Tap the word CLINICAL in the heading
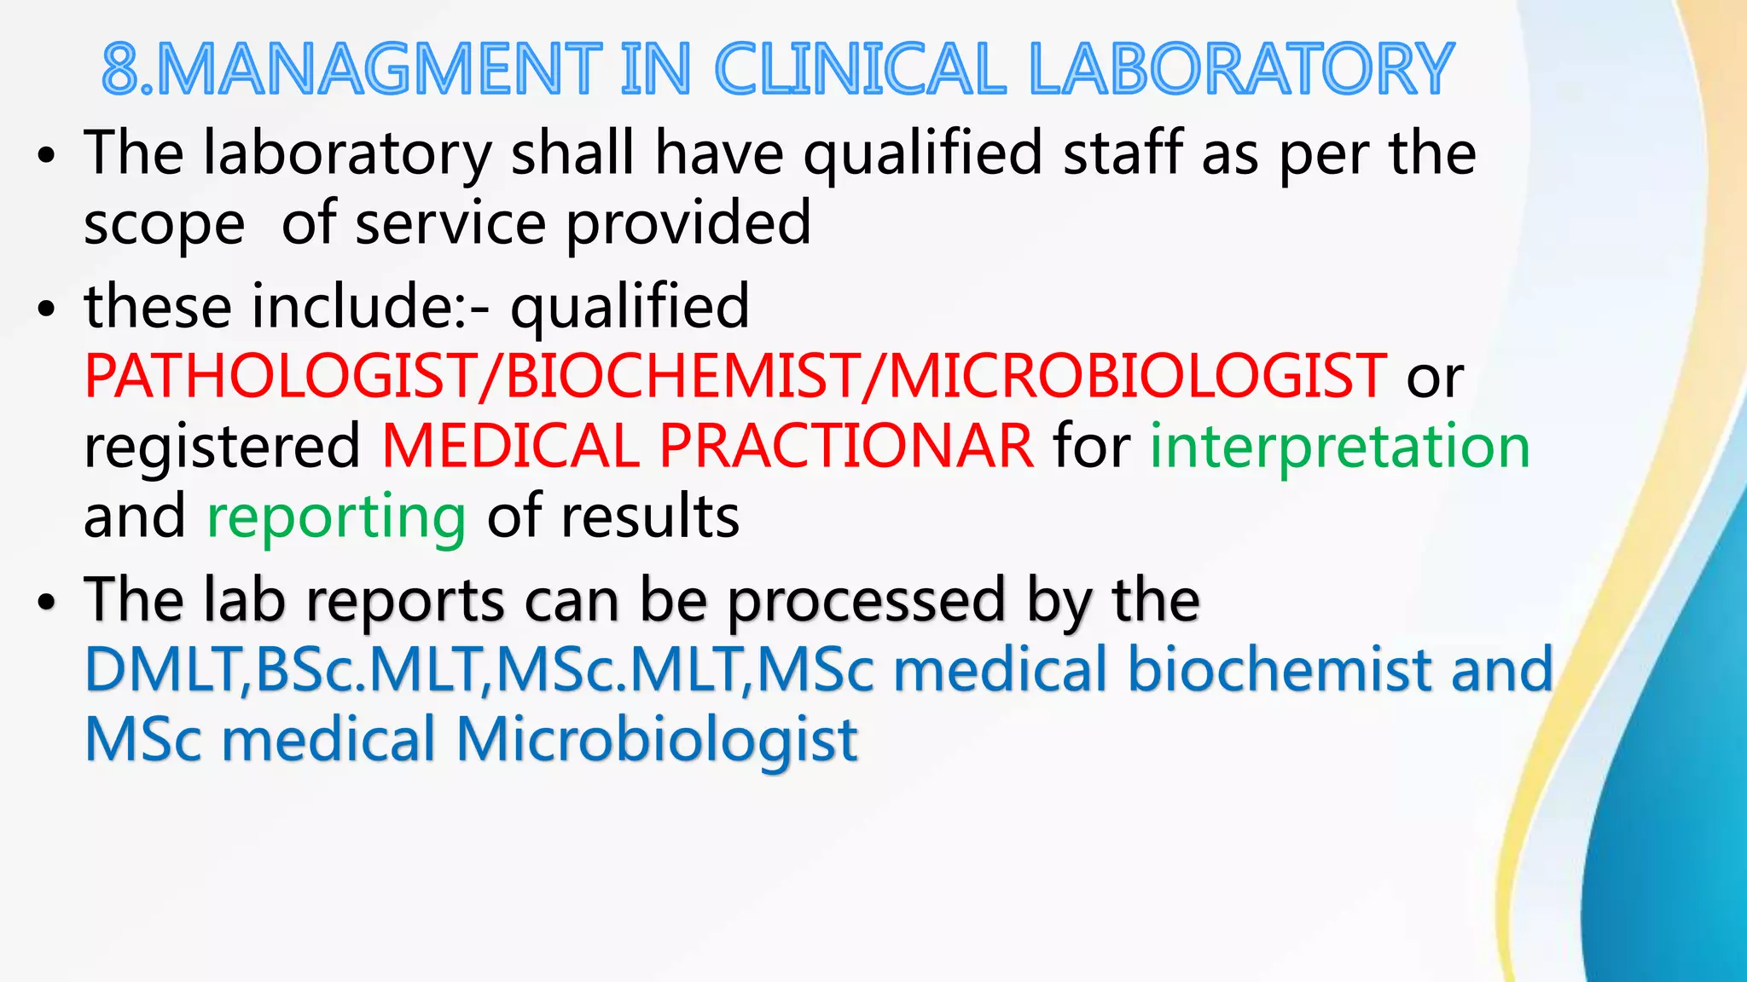tap(860, 70)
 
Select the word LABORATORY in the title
tap(1241, 70)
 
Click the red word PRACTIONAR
tap(846, 446)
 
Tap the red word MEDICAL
tap(510, 446)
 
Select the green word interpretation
tap(1339, 446)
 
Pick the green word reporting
tap(336, 517)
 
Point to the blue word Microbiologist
tap(657, 739)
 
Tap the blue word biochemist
tap(1280, 670)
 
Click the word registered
tap(222, 448)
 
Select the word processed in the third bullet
tap(867, 600)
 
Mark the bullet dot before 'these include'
tap(46, 309)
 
